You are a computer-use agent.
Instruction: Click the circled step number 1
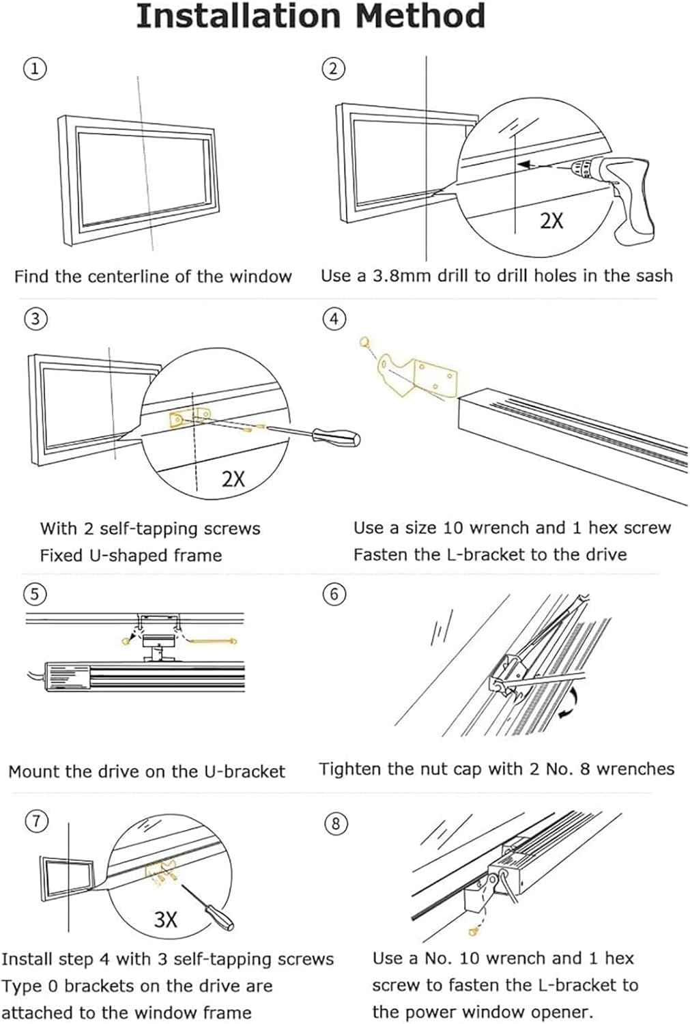pos(35,68)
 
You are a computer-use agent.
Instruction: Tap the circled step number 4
pos(334,319)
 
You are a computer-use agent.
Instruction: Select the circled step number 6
pos(334,594)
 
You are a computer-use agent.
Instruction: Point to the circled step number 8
pos(335,823)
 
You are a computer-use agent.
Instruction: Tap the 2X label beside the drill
pos(551,221)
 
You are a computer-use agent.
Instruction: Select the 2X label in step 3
pos(233,479)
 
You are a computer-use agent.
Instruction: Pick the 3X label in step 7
pos(165,920)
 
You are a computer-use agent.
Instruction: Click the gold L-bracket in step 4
pos(416,373)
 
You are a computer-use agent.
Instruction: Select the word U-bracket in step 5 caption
pos(244,772)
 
